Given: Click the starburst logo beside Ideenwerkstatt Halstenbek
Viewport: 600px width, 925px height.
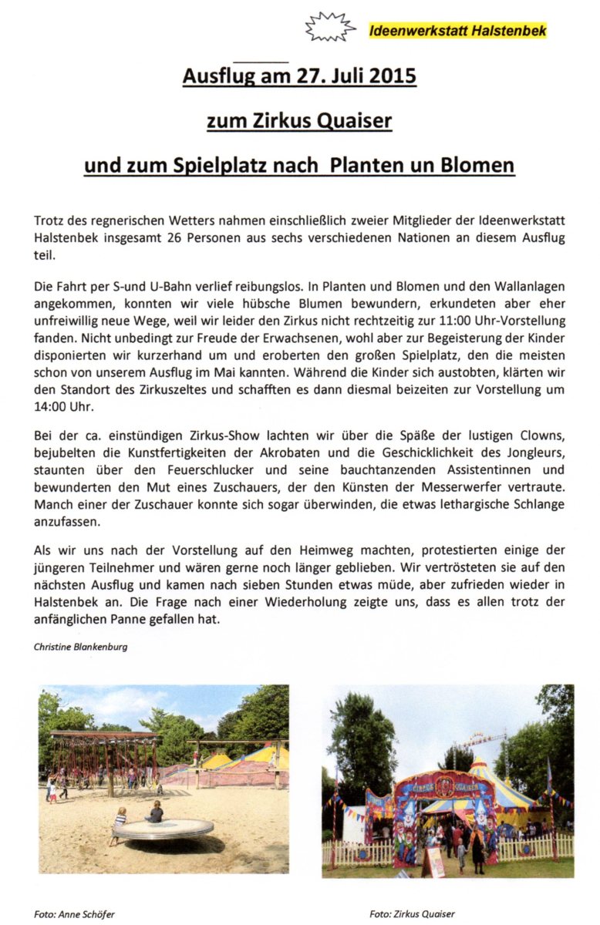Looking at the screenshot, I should click(330, 28).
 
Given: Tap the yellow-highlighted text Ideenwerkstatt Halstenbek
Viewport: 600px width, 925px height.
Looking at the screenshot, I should click(457, 32).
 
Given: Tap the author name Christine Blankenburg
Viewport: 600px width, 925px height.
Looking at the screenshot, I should click(81, 647).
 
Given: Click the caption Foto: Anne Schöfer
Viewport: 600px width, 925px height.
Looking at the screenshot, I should click(73, 914).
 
